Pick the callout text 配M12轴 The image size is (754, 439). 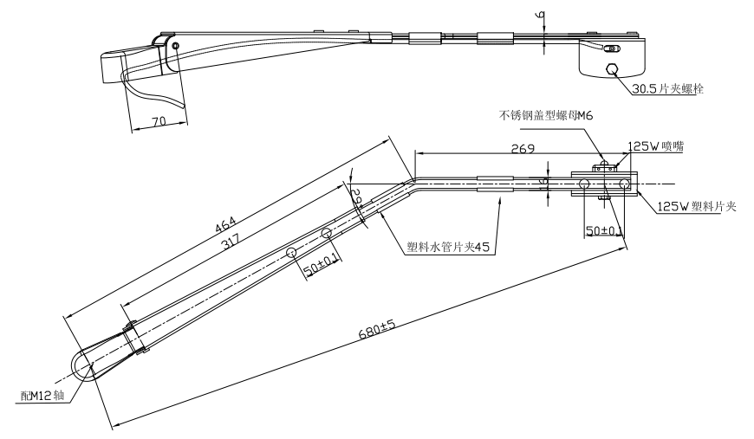(41, 396)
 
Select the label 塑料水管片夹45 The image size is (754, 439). (448, 246)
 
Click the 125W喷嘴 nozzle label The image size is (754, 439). (655, 147)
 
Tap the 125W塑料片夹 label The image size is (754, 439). (696, 206)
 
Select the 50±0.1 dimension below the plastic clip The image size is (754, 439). (604, 229)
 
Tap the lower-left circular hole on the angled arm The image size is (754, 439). (291, 251)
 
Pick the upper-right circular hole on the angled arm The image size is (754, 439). (327, 233)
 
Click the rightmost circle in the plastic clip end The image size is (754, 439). (625, 184)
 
